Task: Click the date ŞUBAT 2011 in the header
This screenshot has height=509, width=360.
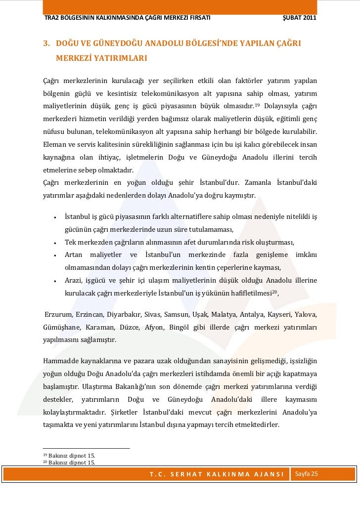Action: coord(299,18)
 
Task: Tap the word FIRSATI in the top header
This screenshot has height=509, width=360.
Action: coord(195,18)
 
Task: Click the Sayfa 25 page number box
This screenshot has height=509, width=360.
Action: coord(307,474)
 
